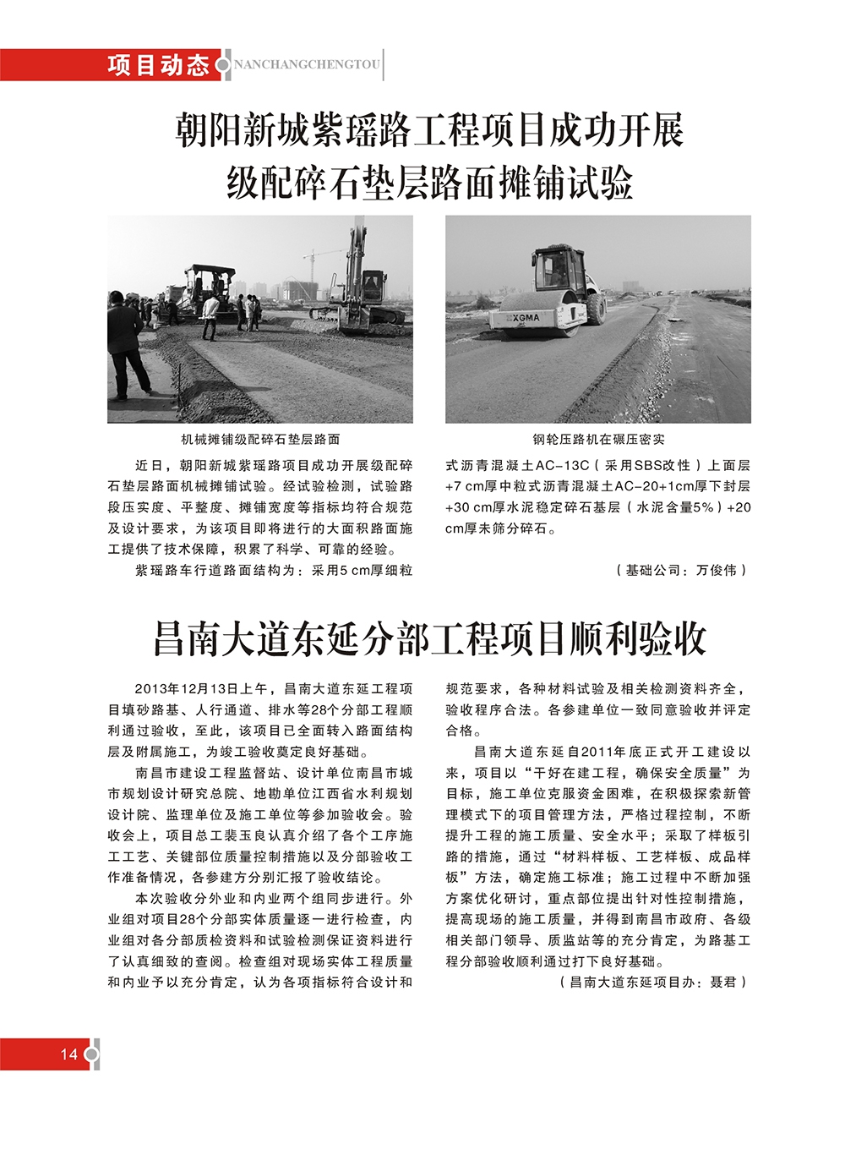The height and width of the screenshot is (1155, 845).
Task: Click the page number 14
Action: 68,1054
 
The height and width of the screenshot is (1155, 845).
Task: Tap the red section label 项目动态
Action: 158,65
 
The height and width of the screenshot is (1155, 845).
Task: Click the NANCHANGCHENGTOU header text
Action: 306,65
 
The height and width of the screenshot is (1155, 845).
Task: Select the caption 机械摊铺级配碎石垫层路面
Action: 260,440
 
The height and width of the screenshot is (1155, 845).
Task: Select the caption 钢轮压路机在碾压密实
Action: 598,440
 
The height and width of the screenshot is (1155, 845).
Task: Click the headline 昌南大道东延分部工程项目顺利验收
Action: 429,638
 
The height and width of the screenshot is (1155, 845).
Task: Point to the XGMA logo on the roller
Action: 526,318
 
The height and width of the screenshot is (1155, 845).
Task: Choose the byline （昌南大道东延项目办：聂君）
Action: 653,983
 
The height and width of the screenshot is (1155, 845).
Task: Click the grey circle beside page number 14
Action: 91,1054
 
